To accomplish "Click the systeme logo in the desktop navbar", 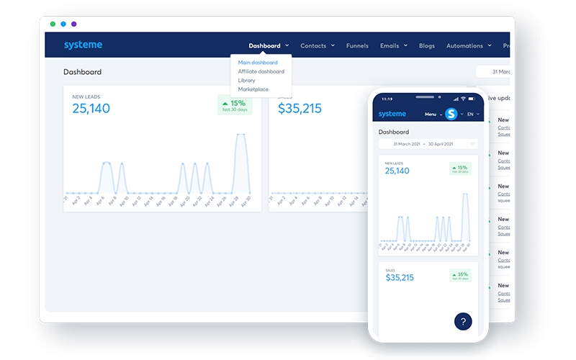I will [83, 45].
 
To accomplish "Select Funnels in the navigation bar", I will [357, 45].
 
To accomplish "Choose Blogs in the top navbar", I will [427, 45].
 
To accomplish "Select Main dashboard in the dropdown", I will [258, 63].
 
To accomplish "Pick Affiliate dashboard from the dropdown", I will [261, 71].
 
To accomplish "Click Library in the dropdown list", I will [247, 80].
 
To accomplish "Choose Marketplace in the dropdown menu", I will [253, 89].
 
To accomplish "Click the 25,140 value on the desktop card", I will [91, 109].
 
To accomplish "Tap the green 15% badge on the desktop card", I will [235, 105].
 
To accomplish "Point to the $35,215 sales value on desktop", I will [300, 109].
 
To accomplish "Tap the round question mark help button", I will [463, 321].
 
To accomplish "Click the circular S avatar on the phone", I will [451, 114].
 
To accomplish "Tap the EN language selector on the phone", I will [472, 114].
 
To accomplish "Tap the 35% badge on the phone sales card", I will [461, 276].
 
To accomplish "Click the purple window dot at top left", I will [73, 24].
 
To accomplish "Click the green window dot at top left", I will [53, 24].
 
